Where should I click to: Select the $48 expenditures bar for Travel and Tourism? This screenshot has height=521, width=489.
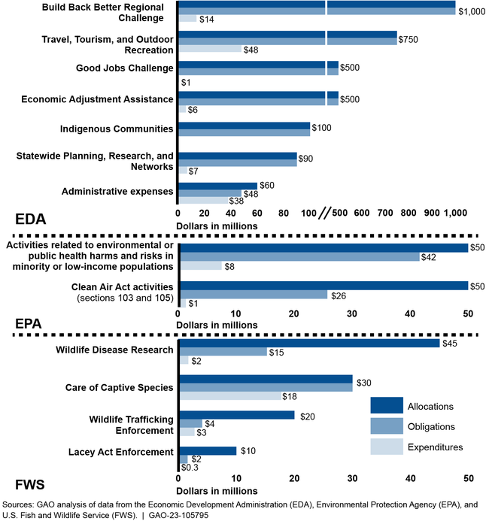pos(210,50)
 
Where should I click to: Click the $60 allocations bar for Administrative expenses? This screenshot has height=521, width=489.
pos(217,185)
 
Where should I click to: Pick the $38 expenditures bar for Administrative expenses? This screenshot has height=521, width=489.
pos(203,201)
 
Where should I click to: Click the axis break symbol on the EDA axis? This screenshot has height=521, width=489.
pos(324,214)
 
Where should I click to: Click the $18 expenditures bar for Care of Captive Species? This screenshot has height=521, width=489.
pos(230,396)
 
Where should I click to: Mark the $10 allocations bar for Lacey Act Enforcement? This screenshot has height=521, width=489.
pos(208,450)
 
